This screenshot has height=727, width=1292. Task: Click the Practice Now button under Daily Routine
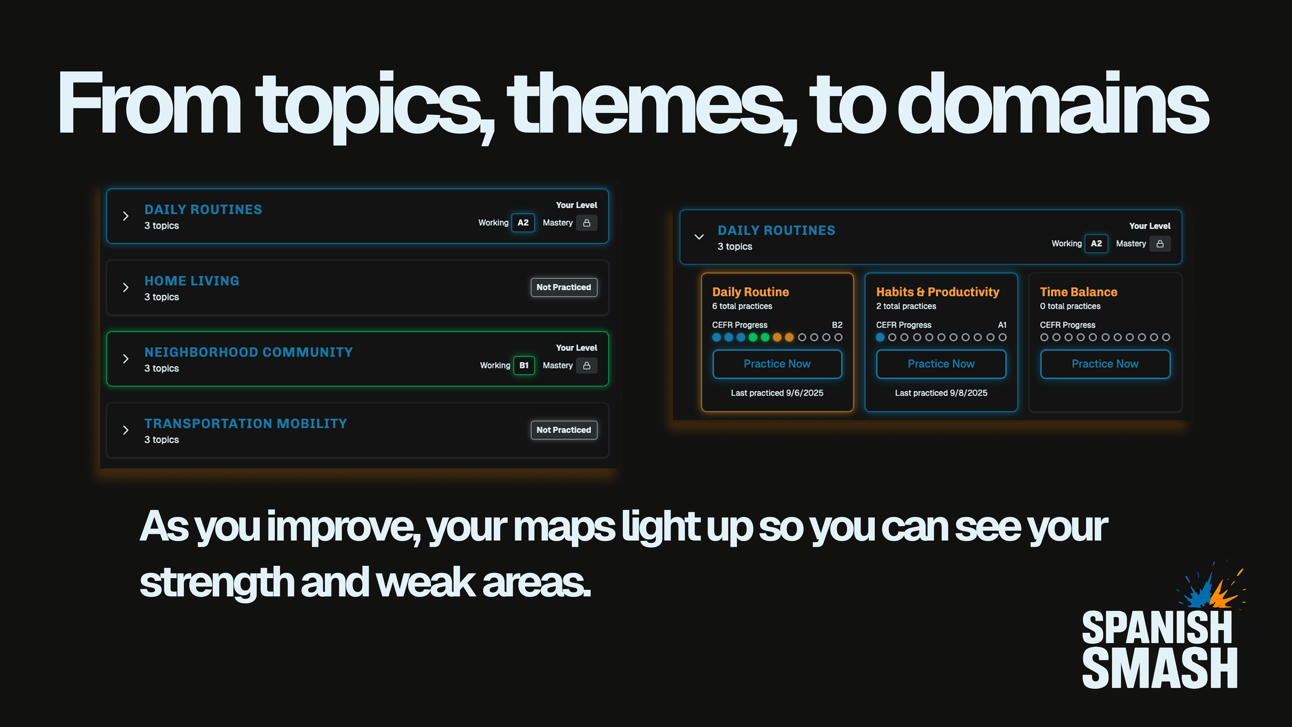[777, 364]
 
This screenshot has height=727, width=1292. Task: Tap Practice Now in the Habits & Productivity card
[941, 364]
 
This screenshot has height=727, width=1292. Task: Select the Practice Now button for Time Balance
[1105, 364]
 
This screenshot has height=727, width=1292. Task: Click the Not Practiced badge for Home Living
[564, 287]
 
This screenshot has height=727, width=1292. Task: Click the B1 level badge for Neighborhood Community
[524, 365]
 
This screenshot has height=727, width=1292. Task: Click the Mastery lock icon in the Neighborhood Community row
[586, 365]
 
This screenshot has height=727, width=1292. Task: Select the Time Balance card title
[1078, 292]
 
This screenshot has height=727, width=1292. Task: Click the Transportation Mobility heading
[246, 423]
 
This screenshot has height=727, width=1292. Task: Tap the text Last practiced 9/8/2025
[941, 393]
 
